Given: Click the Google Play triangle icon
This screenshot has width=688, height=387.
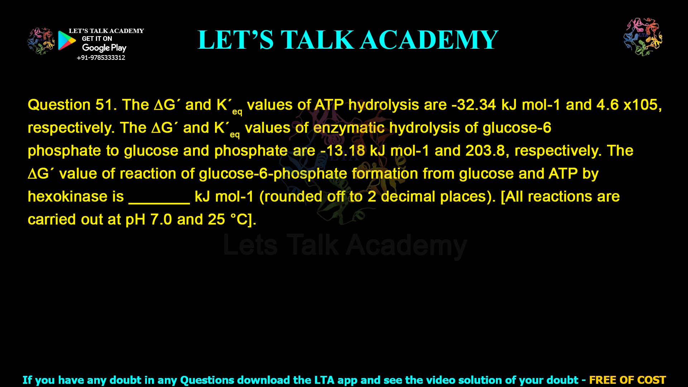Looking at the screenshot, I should (67, 40).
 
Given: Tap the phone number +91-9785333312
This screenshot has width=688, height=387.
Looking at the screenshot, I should (101, 58).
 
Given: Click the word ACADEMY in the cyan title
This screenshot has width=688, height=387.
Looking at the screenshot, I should (429, 40).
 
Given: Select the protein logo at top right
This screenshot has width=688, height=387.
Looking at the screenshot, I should (643, 37).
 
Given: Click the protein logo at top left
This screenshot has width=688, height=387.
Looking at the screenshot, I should (41, 41).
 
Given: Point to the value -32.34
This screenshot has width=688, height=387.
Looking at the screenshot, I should (473, 105).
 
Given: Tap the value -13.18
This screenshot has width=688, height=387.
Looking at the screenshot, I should (343, 151).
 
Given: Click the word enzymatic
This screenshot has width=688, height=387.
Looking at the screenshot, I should (349, 128).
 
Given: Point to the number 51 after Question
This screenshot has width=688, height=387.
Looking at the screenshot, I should (104, 105).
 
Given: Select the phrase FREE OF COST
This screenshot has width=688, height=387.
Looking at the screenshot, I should (627, 380).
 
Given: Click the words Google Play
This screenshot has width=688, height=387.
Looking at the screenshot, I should (104, 48).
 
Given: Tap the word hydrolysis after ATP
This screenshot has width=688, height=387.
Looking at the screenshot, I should (383, 105).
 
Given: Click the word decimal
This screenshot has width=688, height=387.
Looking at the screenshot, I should (408, 197).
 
